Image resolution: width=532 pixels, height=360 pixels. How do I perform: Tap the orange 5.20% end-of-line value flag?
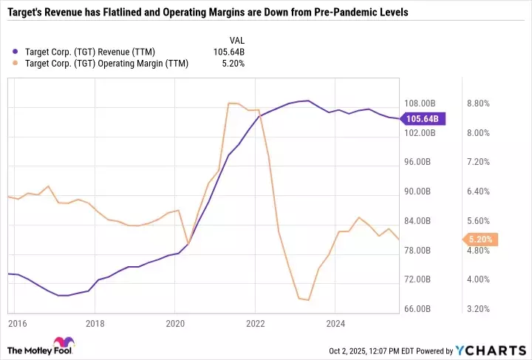tap(481, 240)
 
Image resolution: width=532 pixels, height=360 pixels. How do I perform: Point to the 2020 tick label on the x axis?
tap(175, 323)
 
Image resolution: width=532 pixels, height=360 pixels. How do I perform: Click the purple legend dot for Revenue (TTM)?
tap(17, 51)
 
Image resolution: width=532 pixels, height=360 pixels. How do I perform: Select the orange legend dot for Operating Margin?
tap(17, 64)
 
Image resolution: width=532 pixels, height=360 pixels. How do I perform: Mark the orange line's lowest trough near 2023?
tap(307, 301)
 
